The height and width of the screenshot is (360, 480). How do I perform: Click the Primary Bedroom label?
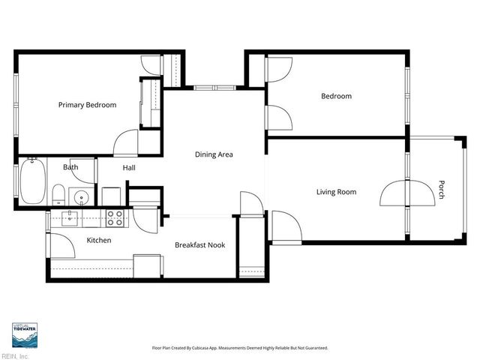click(87, 105)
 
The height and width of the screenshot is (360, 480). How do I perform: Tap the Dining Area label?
click(214, 154)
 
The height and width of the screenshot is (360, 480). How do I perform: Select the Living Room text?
click(335, 192)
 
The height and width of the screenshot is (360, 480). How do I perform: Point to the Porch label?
click(442, 190)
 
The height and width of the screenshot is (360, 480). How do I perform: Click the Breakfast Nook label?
click(200, 245)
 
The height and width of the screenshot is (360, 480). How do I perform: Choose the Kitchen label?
click(99, 241)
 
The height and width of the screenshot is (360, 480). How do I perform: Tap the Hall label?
click(129, 169)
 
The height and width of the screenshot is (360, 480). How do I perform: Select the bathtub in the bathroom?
click(32, 181)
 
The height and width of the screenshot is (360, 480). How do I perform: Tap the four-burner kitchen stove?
click(115, 218)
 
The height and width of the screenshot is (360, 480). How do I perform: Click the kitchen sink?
click(70, 218)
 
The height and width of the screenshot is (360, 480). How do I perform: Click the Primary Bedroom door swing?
click(126, 142)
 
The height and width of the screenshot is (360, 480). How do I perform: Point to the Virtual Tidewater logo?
click(25, 335)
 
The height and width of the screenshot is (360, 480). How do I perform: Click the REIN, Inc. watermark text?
click(15, 356)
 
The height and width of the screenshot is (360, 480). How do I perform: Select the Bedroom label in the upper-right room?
click(336, 96)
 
